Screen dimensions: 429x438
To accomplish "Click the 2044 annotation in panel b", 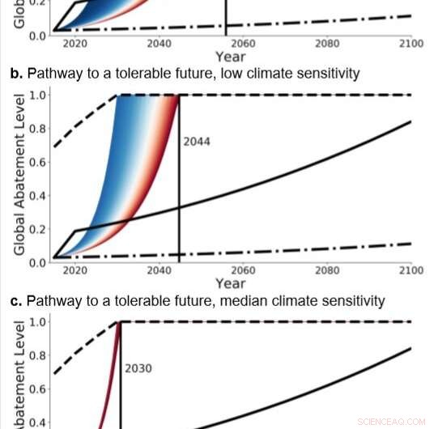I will pos(197,141).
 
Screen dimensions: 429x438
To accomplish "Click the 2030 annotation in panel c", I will pos(138,367).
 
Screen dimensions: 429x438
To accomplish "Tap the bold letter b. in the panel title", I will pos(16,74).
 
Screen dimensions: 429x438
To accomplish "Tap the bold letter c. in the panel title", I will pos(16,301).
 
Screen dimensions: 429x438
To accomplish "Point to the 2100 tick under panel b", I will pos(410,270).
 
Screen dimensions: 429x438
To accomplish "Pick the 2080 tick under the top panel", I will pos(327,44).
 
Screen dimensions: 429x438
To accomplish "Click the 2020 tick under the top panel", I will pos(75,44).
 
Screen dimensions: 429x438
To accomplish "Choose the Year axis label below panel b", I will pos(230,284).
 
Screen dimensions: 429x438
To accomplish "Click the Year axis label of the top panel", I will pos(230,57).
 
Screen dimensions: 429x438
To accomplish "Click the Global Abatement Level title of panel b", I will pos(19,178).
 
